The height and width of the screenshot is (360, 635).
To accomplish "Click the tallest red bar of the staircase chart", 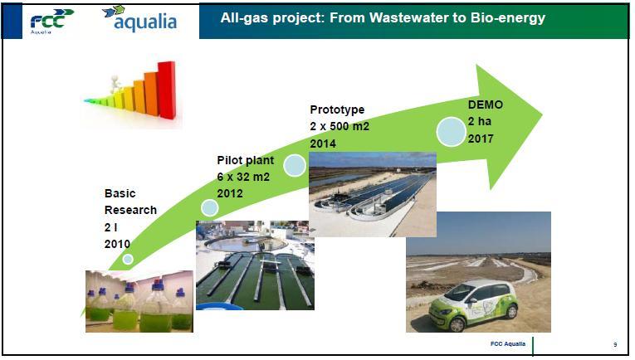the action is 167,90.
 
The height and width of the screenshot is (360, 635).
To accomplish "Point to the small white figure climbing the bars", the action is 116,84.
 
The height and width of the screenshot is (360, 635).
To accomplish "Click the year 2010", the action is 117,244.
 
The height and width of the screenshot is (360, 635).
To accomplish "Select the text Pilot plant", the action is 246,160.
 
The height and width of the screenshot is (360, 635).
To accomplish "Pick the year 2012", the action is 230,193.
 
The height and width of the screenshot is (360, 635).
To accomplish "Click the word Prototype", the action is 337,109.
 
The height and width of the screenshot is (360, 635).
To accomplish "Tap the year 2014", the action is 323,144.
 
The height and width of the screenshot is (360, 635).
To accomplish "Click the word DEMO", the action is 486,105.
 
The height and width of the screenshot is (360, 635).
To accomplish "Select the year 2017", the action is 481,139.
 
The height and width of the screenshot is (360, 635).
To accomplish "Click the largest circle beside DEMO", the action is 452,131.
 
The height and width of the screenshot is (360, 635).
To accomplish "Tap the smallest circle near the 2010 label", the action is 128,259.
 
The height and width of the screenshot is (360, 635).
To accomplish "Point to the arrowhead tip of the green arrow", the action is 542,114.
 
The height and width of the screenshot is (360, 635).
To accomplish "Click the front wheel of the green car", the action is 457,324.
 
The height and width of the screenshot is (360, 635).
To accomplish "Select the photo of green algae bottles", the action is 139,301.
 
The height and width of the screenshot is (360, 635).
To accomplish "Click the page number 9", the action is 615,344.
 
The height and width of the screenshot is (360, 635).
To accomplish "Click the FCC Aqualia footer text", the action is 508,343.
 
